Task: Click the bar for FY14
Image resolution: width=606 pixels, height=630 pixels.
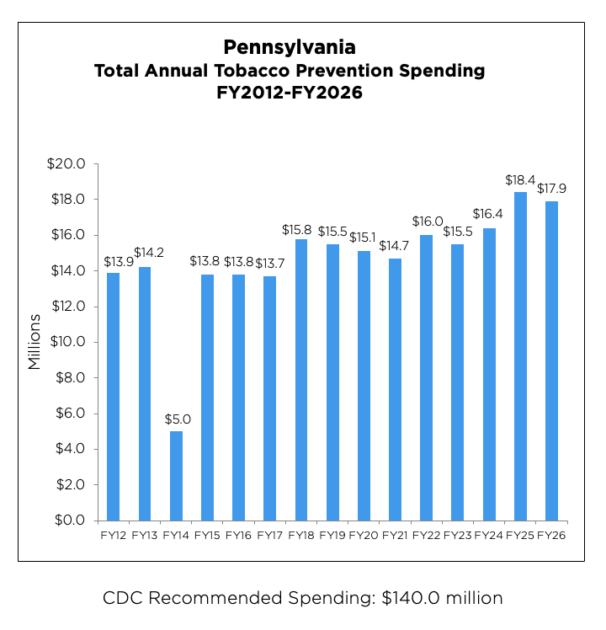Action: pos(175,476)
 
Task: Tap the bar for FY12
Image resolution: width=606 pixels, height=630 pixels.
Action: pos(113,396)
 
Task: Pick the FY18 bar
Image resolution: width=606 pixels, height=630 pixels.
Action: pos(300,379)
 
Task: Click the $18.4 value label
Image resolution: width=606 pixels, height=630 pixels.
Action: pos(520,180)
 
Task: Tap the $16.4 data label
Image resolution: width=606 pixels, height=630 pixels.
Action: pos(489,216)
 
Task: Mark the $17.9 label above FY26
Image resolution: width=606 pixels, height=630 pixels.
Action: pos(551,189)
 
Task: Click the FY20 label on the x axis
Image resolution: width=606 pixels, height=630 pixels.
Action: pos(363,535)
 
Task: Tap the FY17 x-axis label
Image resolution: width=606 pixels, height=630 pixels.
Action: pos(269,535)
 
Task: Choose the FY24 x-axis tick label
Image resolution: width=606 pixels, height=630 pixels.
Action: pos(489,535)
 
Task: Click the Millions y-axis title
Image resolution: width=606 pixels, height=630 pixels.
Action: pos(35,342)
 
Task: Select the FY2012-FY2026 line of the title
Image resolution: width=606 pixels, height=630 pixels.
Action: pos(290,93)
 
